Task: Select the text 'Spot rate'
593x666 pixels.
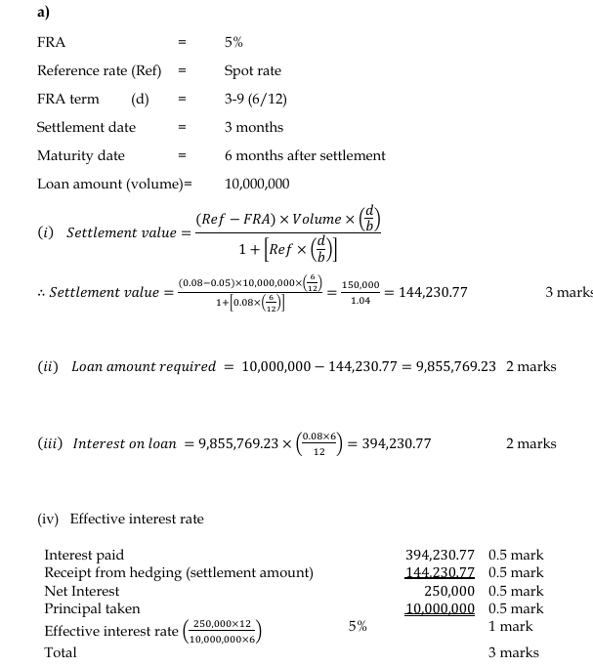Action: (252, 71)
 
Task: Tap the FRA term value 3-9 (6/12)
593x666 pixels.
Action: (255, 100)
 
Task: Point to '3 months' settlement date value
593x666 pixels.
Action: (253, 127)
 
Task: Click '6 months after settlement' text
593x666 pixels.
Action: (305, 155)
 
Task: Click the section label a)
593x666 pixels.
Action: (43, 13)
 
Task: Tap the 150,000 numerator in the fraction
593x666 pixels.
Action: (360, 284)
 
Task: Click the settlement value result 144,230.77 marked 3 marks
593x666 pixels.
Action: (427, 292)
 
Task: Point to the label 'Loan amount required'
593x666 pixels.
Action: (144, 366)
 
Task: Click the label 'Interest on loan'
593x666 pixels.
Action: (125, 443)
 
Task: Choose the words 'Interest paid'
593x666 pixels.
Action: (84, 555)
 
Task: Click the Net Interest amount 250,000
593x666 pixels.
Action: (449, 591)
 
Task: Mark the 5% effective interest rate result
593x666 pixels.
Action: (358, 627)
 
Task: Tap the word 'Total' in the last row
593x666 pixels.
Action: (60, 651)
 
